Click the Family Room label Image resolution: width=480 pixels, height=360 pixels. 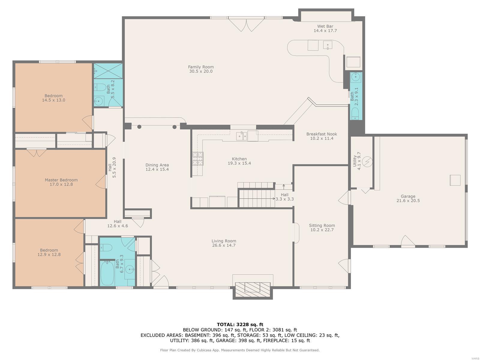[201, 67]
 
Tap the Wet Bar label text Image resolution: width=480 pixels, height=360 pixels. [325, 26]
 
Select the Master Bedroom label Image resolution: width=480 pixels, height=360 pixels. [61, 180]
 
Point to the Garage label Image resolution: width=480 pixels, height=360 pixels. [408, 196]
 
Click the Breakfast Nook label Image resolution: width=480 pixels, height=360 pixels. [322, 134]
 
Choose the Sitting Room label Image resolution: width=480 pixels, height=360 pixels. [322, 225]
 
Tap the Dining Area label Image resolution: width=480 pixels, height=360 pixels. [157, 165]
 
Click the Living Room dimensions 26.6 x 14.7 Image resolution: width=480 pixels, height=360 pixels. [224, 245]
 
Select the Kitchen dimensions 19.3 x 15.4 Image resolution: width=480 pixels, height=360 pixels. [239, 163]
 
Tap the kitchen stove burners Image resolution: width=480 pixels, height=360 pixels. [198, 158]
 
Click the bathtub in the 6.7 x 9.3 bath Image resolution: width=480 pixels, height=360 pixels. [107, 273]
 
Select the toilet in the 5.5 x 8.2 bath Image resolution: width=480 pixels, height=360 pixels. [100, 87]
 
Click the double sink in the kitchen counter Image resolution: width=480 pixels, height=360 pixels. [241, 136]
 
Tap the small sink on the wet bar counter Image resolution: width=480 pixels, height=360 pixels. [328, 45]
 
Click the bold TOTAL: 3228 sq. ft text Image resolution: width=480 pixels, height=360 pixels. [240, 324]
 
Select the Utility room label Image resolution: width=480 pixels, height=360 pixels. [355, 161]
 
